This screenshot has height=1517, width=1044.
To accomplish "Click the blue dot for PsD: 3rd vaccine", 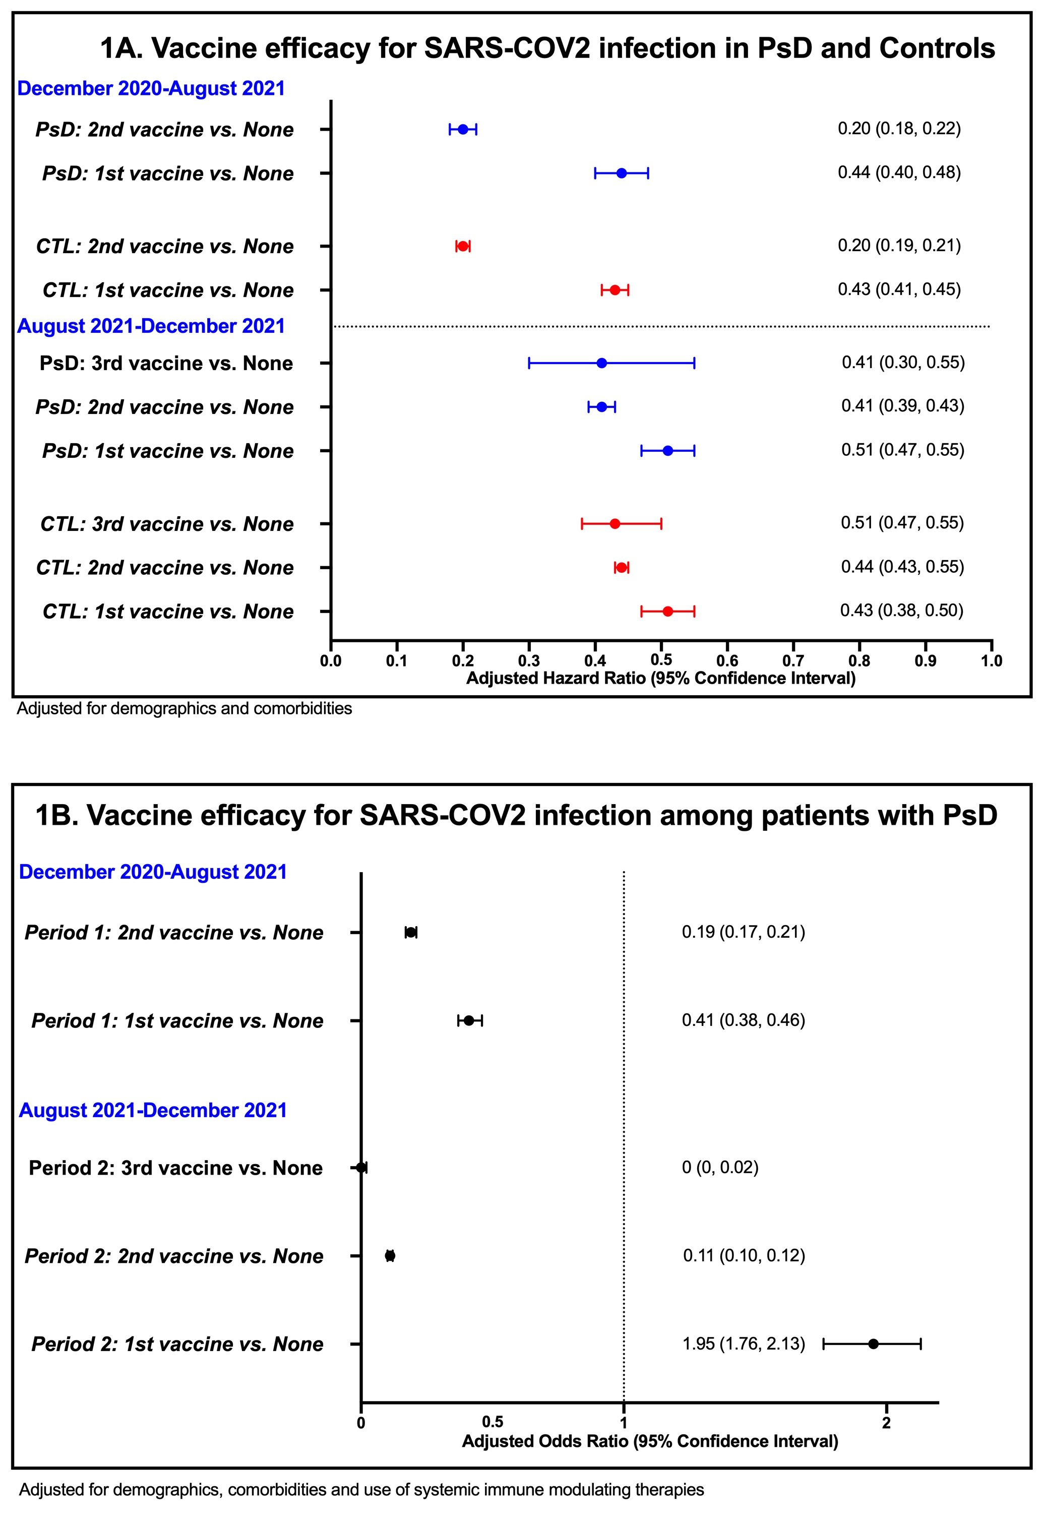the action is point(602,363).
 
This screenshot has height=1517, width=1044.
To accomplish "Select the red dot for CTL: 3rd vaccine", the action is point(615,523).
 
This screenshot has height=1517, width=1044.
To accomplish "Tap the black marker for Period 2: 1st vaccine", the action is point(873,1344).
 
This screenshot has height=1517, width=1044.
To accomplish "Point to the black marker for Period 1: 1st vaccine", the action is point(469,1020).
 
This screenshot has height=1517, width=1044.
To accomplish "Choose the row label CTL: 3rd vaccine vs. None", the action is point(167,524).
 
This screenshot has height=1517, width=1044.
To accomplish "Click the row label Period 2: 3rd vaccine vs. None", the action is point(176,1168).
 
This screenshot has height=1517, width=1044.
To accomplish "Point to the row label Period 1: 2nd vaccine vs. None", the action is point(174,932).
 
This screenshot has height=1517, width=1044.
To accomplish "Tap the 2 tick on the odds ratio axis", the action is point(886,1423).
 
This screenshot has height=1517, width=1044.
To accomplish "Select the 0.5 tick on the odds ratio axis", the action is point(493,1423).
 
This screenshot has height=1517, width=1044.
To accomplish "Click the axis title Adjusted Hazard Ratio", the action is point(661,679).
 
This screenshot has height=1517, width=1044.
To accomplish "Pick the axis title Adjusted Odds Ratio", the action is point(650,1441).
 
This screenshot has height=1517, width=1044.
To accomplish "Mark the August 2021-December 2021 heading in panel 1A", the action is point(151,326).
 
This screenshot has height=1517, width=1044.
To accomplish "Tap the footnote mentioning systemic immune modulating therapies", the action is point(362,1490).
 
